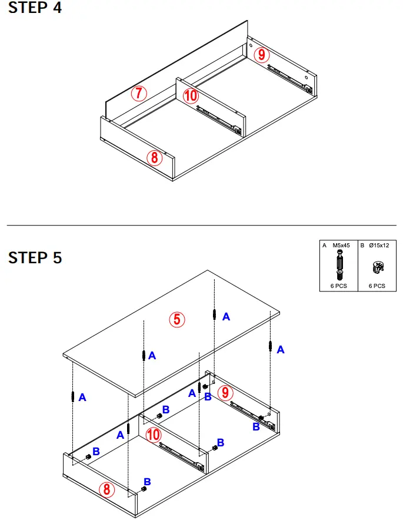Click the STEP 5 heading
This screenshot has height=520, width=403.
tap(35, 258)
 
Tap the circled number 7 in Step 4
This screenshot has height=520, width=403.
tap(138, 93)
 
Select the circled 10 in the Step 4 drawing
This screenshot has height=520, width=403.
tap(190, 95)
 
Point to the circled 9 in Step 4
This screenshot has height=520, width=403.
tap(262, 55)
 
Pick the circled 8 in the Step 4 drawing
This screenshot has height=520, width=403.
tap(154, 157)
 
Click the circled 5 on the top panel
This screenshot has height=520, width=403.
tap(177, 319)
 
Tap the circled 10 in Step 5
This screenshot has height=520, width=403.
tap(152, 435)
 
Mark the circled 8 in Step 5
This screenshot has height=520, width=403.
tap(106, 489)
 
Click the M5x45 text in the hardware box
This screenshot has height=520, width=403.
tap(341, 245)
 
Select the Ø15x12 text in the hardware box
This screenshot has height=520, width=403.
tap(377, 245)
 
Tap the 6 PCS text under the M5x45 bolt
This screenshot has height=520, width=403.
tap(339, 286)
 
